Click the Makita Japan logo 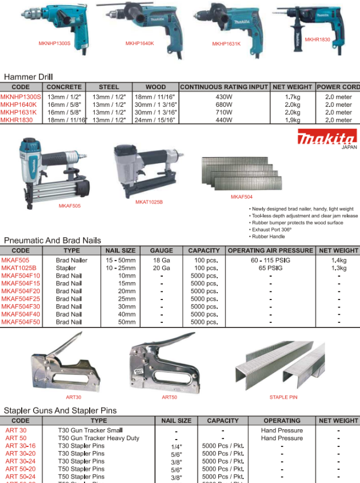pyautogui.click(x=326, y=138)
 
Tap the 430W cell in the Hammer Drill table pyautogui.click(x=223, y=97)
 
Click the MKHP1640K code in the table pyautogui.click(x=18, y=105)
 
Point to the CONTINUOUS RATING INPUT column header pyautogui.click(x=223, y=87)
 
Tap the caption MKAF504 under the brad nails pyautogui.click(x=241, y=197)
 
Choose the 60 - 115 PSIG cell pyautogui.click(x=270, y=260)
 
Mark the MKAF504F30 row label pyautogui.click(x=21, y=306)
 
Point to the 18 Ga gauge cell pyautogui.click(x=161, y=260)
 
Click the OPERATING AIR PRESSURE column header pyautogui.click(x=270, y=250)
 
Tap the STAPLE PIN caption pyautogui.click(x=283, y=397)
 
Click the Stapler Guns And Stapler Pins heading pyautogui.click(x=60, y=410)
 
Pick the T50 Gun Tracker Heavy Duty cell pyautogui.click(x=98, y=438)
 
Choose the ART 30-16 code pyautogui.click(x=21, y=446)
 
